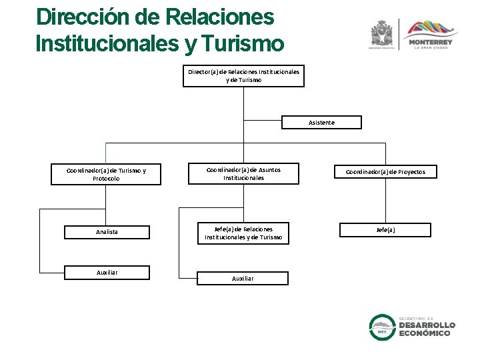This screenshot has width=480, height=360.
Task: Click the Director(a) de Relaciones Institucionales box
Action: point(243,76)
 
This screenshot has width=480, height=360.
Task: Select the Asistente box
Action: point(321,123)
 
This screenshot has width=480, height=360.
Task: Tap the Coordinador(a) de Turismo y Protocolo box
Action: point(106,174)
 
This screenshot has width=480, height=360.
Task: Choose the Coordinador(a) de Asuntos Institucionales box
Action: point(243,174)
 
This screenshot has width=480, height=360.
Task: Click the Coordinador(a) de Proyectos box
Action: point(385,172)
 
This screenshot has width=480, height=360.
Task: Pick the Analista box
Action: point(107,232)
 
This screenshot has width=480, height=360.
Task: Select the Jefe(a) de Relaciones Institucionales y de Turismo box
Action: point(243,233)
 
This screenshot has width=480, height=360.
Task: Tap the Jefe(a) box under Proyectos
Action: point(385,230)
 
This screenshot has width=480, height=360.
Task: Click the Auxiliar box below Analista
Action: point(107,272)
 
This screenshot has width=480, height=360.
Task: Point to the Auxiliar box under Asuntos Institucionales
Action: point(243,278)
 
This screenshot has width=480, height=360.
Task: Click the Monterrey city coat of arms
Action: point(383,33)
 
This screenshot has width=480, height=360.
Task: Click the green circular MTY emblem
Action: point(383,327)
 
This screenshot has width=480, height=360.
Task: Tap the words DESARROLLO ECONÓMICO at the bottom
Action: point(427,329)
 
